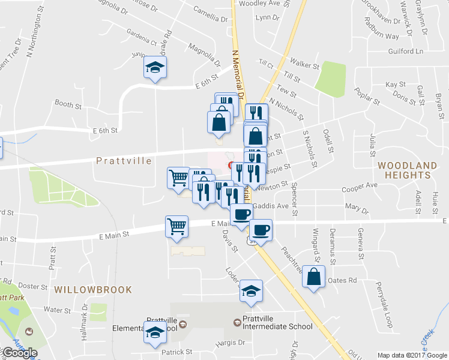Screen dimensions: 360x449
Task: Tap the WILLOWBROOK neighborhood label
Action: (x=93, y=290)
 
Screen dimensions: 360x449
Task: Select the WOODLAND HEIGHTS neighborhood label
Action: (x=404, y=170)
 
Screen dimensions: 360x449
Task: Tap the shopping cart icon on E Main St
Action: (x=177, y=227)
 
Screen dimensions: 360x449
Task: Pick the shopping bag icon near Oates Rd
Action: (x=313, y=277)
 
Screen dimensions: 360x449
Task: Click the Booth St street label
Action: (x=68, y=103)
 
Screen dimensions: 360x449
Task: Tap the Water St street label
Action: (x=58, y=310)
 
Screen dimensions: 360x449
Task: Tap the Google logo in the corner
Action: (x=20, y=353)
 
